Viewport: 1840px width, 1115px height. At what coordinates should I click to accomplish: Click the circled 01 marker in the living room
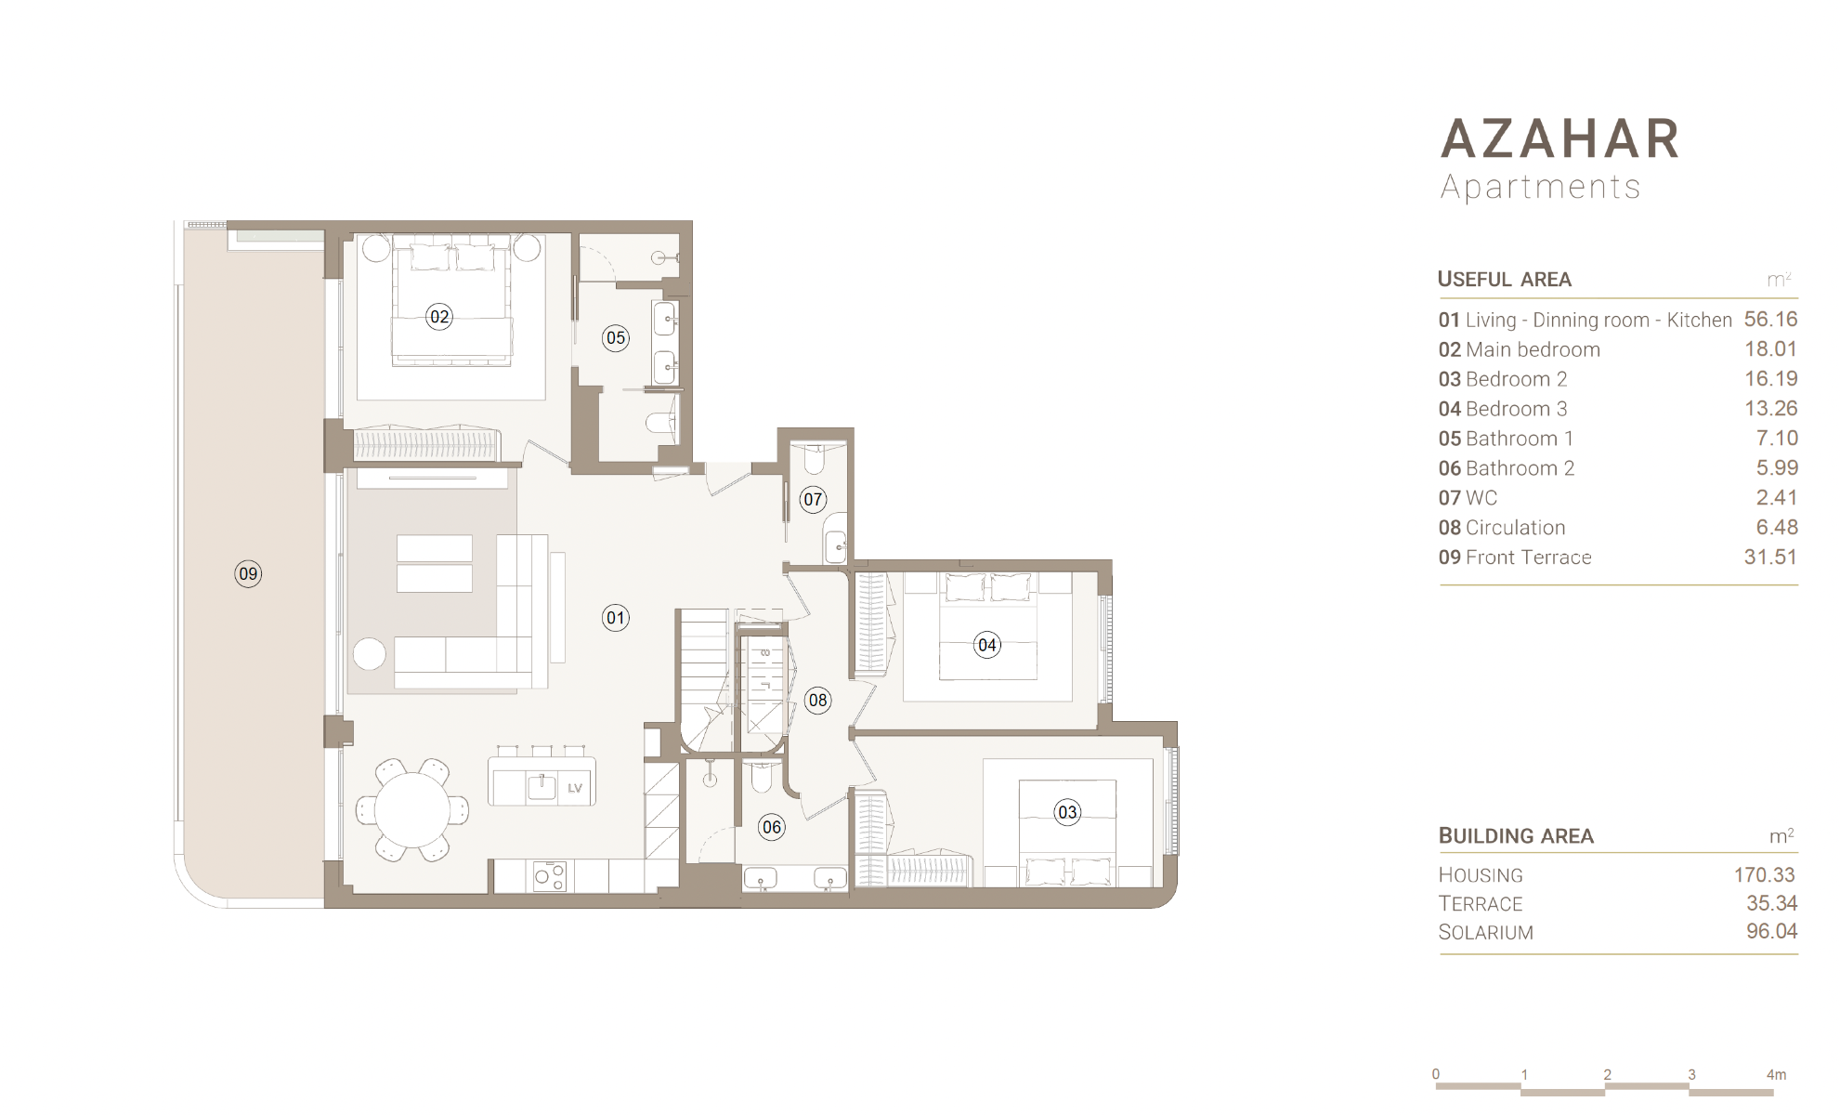click(616, 618)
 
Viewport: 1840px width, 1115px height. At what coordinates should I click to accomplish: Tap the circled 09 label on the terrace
click(248, 573)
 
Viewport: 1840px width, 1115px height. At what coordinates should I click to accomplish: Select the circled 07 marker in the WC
click(813, 500)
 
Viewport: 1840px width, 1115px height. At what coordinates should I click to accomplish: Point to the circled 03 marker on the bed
click(1067, 812)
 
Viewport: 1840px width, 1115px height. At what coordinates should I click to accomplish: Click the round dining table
click(412, 810)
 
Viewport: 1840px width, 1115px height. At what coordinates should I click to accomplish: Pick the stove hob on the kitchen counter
click(549, 876)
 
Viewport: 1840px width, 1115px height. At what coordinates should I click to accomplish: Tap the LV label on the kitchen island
click(575, 789)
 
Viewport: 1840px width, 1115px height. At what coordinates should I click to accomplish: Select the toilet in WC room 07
click(814, 458)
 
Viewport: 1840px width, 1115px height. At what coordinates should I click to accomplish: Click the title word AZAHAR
click(1560, 139)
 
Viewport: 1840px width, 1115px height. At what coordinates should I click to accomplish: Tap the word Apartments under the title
click(1540, 187)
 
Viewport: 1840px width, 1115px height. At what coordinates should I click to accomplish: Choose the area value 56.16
click(1770, 320)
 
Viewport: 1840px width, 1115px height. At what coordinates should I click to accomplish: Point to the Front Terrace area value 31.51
click(1770, 557)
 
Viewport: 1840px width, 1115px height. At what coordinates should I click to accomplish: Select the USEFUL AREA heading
click(1505, 279)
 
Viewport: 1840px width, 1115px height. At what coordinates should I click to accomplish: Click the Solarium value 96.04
click(1771, 931)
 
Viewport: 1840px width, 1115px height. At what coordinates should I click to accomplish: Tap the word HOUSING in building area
click(1481, 875)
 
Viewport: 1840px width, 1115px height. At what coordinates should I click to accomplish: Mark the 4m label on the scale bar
click(1776, 1075)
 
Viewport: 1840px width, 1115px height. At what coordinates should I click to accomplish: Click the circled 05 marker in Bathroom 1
click(616, 338)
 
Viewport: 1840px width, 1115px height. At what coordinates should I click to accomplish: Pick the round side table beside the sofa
click(370, 654)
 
